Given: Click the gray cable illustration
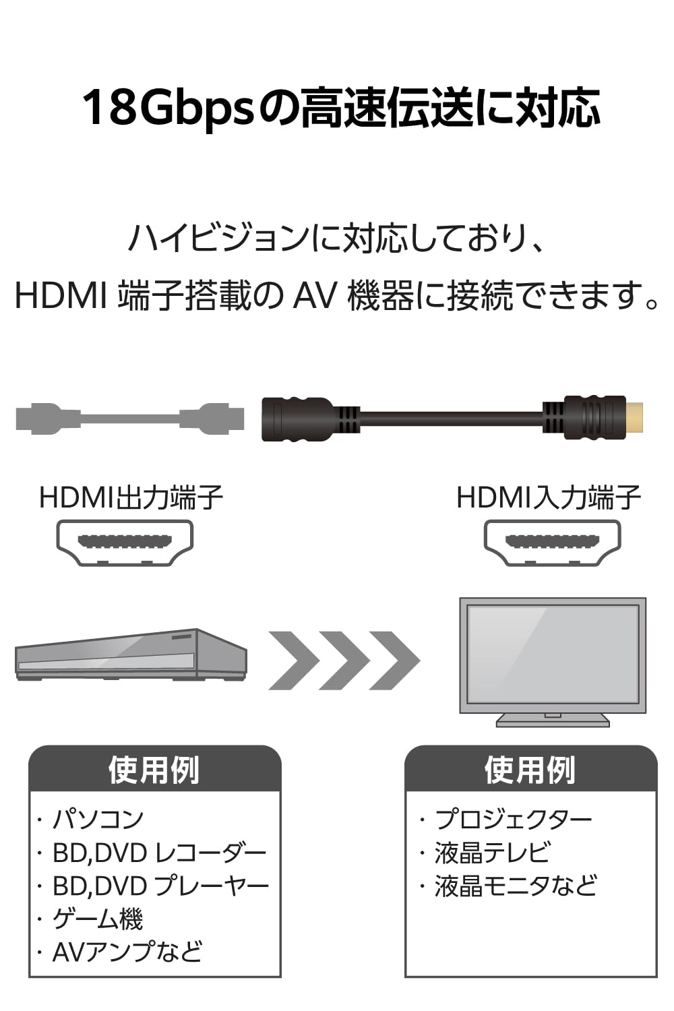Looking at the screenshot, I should point(129,418).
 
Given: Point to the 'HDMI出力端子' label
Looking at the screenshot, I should point(131,498).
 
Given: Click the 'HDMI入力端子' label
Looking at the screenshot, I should point(549,498).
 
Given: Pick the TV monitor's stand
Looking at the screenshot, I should point(553,720).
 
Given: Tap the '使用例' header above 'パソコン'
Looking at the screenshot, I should point(154,770).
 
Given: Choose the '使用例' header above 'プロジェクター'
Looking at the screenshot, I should point(530,770).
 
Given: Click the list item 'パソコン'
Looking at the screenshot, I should point(98,819).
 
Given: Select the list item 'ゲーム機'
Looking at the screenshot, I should point(98,919).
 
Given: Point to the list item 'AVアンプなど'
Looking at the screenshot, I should point(127,952).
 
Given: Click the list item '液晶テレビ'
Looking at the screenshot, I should point(493,853).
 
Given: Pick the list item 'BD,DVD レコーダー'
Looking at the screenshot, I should point(160,853).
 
